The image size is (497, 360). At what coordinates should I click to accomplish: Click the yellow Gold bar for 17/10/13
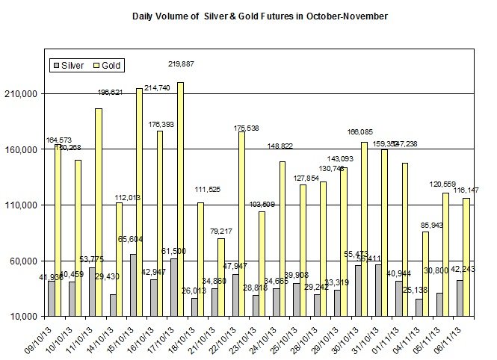click(x=180, y=199)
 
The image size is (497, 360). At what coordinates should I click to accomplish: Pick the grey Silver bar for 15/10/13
click(x=133, y=285)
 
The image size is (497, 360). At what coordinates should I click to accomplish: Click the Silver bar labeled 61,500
click(x=173, y=288)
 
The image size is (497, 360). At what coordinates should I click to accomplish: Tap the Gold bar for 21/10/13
click(x=221, y=277)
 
